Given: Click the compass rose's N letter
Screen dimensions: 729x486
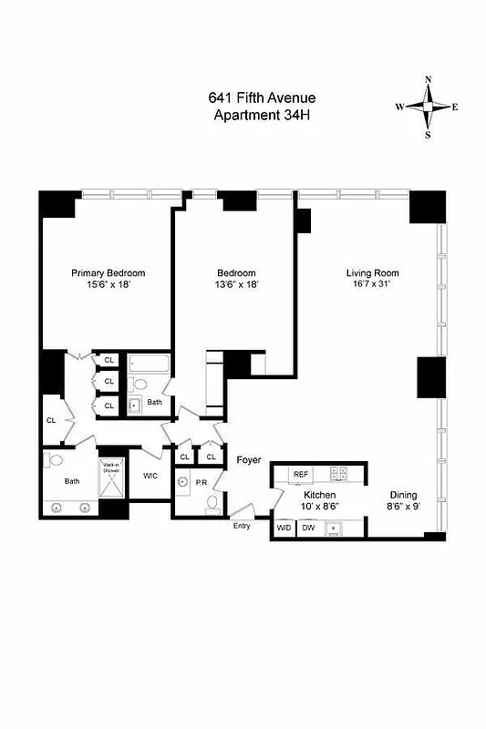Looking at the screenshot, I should pyautogui.click(x=428, y=79).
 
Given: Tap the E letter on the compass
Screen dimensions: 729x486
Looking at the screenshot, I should pyautogui.click(x=454, y=107).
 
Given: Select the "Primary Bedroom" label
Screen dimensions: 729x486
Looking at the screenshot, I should pyautogui.click(x=109, y=272).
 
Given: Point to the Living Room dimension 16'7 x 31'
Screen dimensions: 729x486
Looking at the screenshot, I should pyautogui.click(x=372, y=284).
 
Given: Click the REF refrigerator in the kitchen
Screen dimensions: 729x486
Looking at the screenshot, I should pyautogui.click(x=301, y=474).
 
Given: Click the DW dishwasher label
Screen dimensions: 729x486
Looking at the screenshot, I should pyautogui.click(x=308, y=528).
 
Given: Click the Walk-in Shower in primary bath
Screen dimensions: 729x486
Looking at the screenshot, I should pyautogui.click(x=111, y=473).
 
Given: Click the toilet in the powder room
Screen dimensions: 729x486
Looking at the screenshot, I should pyautogui.click(x=212, y=503).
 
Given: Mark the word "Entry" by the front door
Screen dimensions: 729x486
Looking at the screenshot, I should pyautogui.click(x=242, y=526).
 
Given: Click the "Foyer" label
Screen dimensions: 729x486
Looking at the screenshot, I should pyautogui.click(x=249, y=460).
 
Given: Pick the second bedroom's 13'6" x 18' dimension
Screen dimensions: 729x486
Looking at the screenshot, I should pyautogui.click(x=236, y=284).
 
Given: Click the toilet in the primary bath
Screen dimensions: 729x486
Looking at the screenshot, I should pyautogui.click(x=54, y=460).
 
